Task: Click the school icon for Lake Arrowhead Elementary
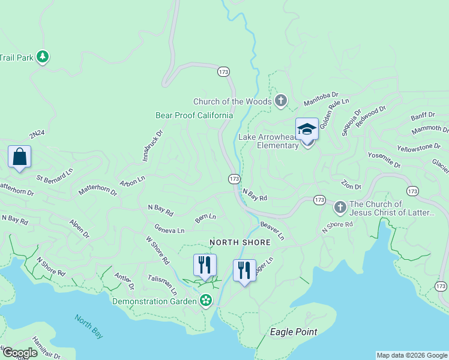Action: [307, 130]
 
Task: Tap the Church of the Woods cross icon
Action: [280, 101]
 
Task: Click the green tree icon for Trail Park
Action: [42, 57]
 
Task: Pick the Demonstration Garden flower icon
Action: [206, 299]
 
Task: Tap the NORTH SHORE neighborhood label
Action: [240, 242]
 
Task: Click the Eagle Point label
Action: [294, 332]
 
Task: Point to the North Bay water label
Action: [89, 326]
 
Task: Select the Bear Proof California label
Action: [194, 115]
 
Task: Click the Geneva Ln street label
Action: [169, 229]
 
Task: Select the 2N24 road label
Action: [37, 137]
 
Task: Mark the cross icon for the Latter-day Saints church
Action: [340, 208]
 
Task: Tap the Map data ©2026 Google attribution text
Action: [412, 355]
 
